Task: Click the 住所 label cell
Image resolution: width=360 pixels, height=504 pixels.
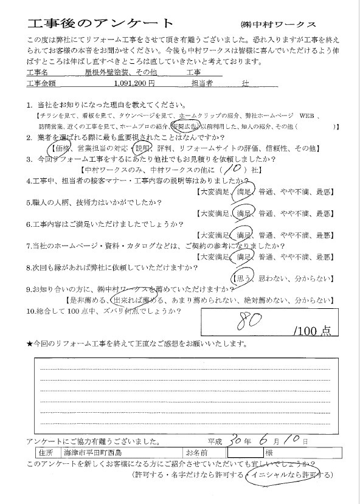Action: (44, 453)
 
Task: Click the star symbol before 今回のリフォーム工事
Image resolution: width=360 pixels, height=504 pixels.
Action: (30, 344)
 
